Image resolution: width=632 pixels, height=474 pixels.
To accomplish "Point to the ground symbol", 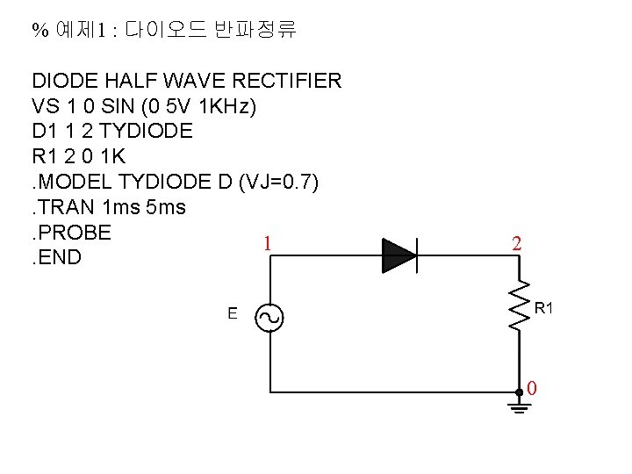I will click(519, 406).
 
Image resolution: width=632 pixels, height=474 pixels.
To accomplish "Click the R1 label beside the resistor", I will click(544, 308).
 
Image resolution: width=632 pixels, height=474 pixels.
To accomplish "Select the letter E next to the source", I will click(232, 313).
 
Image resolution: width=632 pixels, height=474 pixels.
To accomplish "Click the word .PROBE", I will click(72, 233).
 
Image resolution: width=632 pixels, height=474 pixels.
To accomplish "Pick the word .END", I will click(57, 259).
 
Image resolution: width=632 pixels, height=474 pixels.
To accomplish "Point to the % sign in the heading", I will click(39, 32).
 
